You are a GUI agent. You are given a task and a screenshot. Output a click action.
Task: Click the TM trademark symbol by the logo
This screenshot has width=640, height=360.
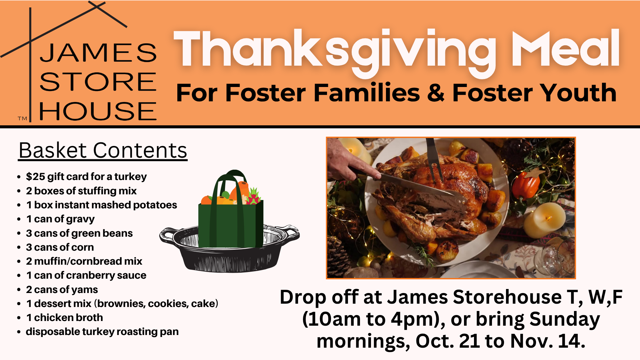point(22,118)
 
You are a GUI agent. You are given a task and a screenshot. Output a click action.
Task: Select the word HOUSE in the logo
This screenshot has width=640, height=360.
point(98,111)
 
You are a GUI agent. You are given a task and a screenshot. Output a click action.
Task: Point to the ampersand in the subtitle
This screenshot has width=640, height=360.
point(436,93)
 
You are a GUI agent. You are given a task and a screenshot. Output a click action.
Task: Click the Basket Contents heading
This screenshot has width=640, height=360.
point(103,150)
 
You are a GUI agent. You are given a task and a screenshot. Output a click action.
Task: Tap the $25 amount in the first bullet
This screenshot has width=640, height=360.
point(35,176)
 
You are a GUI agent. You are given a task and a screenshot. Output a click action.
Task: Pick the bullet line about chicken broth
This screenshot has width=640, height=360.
point(64,318)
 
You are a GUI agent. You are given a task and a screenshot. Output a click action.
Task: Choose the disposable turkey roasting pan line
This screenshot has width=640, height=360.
point(102,332)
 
